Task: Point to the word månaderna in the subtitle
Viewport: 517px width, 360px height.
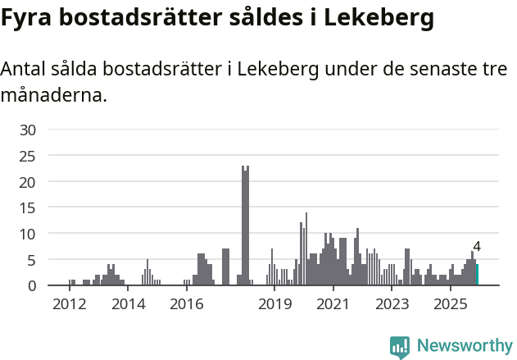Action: [54, 96]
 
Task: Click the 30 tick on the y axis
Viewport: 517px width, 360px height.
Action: [28, 129]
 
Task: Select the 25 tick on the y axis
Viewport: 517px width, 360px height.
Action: [28, 155]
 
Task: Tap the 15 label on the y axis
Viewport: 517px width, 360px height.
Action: [28, 207]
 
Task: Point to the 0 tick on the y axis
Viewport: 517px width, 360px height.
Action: [32, 285]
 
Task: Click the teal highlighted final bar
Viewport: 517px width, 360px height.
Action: [477, 275]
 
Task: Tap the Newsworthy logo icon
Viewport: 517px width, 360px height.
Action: [400, 347]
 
